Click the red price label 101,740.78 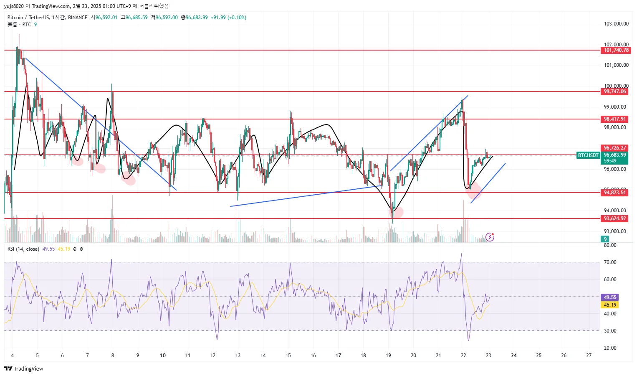coord(616,50)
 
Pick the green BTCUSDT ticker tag coord(588,155)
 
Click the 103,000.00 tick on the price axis coord(616,24)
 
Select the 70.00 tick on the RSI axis coord(610,262)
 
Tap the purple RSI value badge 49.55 coord(610,297)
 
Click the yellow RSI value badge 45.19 coord(610,305)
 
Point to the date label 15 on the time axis coord(288,356)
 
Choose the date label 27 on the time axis coord(589,356)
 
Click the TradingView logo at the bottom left coord(24,368)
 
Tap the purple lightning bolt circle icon coord(490,237)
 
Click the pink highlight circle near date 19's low coord(396,212)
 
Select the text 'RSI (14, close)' coord(23,249)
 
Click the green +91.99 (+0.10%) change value coord(228,18)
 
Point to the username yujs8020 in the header coord(14,6)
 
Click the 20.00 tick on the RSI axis coord(610,348)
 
